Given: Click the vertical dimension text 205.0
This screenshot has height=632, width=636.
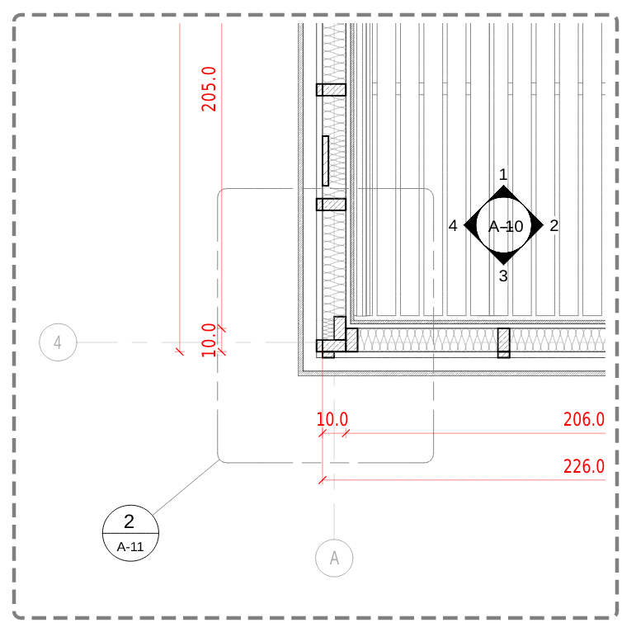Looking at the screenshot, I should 210,87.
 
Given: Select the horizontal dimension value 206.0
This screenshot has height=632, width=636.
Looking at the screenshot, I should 583,420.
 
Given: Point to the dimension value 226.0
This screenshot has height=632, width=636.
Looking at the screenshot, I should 583,467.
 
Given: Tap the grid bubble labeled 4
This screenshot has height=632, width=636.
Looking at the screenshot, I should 58,343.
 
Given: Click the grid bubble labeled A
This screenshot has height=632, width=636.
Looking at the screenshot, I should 334,559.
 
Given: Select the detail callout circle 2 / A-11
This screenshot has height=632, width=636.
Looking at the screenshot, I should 129,533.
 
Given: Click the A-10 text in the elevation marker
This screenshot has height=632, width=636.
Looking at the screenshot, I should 506,226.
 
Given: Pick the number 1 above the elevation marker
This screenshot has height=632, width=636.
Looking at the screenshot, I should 503,174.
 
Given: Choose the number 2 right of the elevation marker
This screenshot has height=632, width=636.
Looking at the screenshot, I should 554,225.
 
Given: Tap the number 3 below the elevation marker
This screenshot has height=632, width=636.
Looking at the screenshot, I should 503,276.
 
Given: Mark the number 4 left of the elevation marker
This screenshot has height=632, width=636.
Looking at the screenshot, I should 453,225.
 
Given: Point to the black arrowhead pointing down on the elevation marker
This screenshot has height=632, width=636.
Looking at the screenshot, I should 503,257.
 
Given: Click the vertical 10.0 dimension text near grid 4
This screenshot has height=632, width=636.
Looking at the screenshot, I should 210,339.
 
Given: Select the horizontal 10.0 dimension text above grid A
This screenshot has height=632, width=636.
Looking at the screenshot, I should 332,420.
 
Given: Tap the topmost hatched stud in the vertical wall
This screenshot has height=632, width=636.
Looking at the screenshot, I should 331,90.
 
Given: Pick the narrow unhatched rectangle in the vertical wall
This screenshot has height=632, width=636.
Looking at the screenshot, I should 325,160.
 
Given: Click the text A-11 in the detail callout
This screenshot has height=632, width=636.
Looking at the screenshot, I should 129,546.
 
